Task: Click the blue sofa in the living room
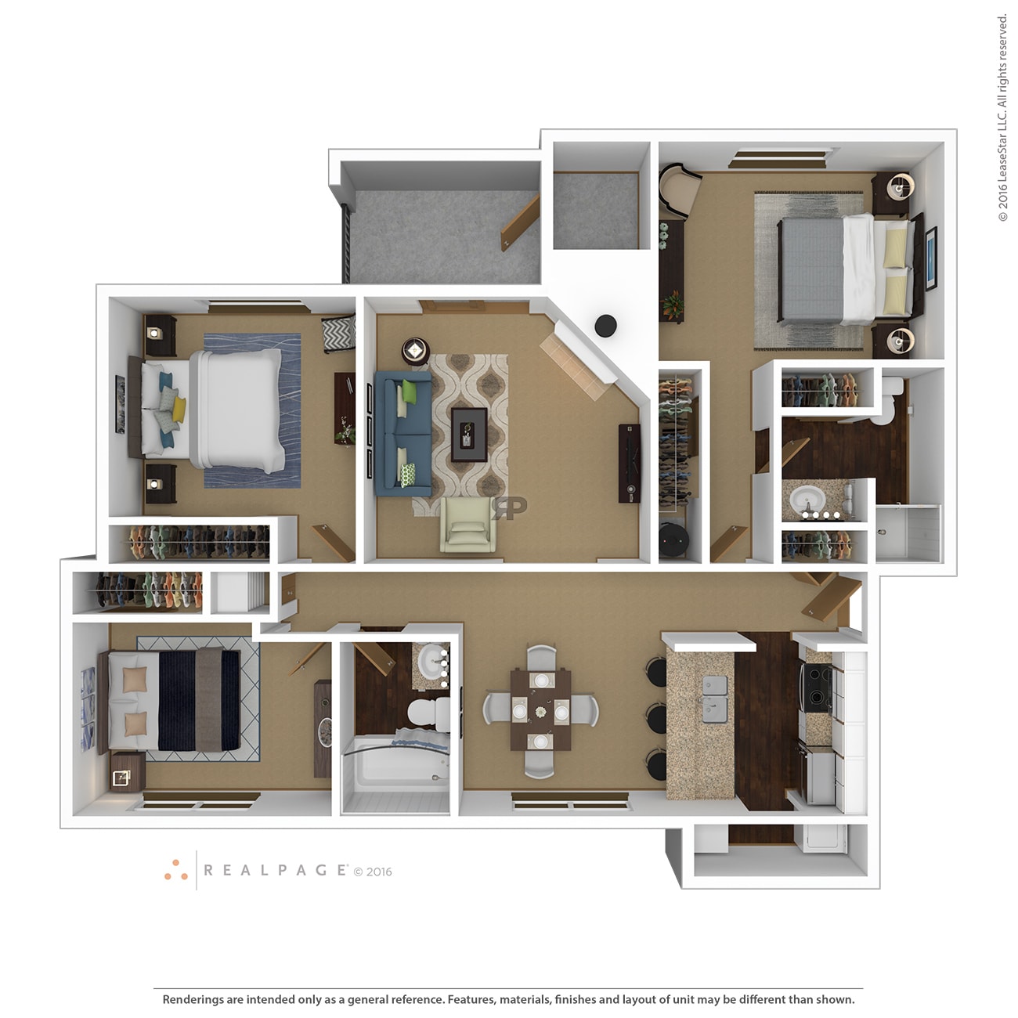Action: [402, 433]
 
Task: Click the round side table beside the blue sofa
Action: [415, 350]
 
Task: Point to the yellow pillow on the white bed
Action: [179, 408]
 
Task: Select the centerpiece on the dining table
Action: [540, 711]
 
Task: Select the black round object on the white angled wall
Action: [605, 325]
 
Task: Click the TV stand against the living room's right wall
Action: [630, 463]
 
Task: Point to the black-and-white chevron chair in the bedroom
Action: [339, 334]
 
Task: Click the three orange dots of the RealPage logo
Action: [176, 870]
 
